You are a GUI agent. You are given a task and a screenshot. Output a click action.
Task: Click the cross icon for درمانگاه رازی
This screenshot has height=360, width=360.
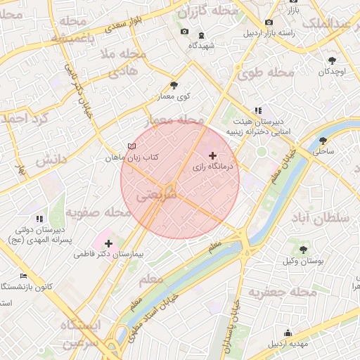tap(213, 155)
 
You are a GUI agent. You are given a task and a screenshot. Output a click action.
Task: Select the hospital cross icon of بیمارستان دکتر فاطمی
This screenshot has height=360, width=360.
tap(108, 243)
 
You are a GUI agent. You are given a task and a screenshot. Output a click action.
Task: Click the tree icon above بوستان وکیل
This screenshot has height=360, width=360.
tap(304, 249)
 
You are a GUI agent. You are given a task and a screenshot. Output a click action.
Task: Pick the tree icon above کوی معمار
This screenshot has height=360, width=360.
tap(174, 85)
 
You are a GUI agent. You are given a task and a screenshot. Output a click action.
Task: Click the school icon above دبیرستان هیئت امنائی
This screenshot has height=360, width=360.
tap(258, 110)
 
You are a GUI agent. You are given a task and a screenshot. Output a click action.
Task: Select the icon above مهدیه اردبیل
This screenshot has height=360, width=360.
tap(287, 333)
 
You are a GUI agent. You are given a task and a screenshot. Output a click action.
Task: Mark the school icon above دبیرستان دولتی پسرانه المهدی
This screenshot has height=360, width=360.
tap(39, 219)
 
